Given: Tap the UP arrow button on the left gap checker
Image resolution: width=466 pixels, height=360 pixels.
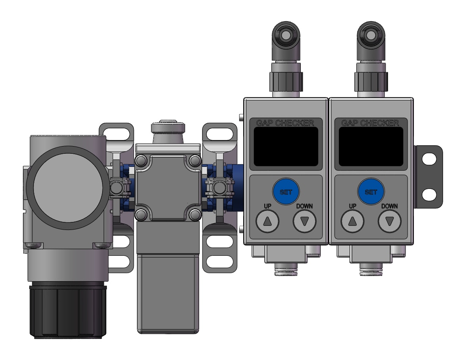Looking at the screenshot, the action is [267, 221].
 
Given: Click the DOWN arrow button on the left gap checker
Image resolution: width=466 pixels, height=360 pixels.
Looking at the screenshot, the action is [305, 221].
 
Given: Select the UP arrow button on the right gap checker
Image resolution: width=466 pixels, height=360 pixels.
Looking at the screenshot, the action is [352, 221].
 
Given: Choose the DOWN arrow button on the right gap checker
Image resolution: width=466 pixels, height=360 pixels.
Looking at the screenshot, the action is [390, 221].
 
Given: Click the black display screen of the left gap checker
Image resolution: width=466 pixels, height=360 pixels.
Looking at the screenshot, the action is [286, 147].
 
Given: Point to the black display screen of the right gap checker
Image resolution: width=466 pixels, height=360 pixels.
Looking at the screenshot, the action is [371, 147].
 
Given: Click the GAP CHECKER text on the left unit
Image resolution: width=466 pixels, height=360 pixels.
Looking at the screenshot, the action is [285, 123].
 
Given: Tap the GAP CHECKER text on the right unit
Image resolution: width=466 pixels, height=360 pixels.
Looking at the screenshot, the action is [370, 123].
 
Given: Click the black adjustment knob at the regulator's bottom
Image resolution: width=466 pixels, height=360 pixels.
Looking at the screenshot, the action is [68, 312].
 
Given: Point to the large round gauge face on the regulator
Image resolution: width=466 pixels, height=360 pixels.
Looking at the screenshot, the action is [68, 188].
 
